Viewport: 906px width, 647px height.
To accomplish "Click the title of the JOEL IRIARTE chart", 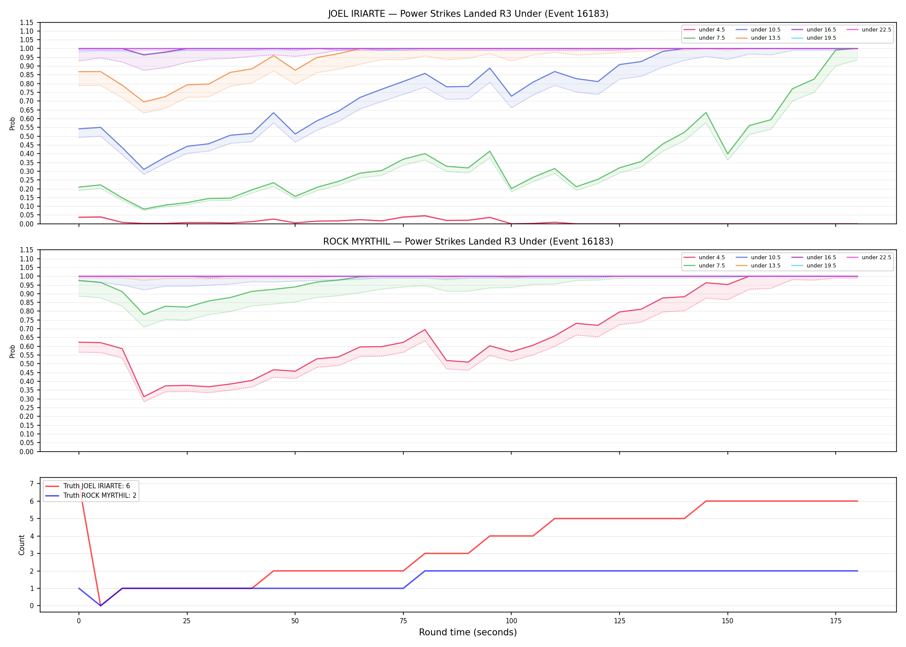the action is (468, 14).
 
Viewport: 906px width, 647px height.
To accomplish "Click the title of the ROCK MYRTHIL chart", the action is (468, 242).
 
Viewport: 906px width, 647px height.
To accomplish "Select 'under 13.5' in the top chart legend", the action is (765, 38).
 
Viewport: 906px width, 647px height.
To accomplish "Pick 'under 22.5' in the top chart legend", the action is (876, 30).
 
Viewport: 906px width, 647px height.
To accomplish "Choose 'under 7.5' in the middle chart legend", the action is (711, 266).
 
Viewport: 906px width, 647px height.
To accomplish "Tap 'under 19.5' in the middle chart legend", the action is (821, 266).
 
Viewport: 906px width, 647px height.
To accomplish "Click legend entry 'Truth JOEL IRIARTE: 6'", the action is (97, 486).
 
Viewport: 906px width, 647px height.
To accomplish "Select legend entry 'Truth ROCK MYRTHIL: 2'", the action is (100, 496).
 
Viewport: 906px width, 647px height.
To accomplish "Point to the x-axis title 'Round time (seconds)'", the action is (468, 632).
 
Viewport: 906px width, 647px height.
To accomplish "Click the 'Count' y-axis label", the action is (22, 545).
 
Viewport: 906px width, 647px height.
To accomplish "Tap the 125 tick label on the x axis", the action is (619, 621).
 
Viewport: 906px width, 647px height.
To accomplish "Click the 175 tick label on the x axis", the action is (836, 621).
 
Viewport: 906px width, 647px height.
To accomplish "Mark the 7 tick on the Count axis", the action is (31, 484).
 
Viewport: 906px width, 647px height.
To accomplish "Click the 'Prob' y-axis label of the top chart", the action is (13, 123).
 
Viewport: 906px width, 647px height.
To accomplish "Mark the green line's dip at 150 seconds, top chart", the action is (727, 154).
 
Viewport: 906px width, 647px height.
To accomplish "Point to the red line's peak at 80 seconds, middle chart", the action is (425, 330).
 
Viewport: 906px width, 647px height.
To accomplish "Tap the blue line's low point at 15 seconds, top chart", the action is (144, 170).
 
